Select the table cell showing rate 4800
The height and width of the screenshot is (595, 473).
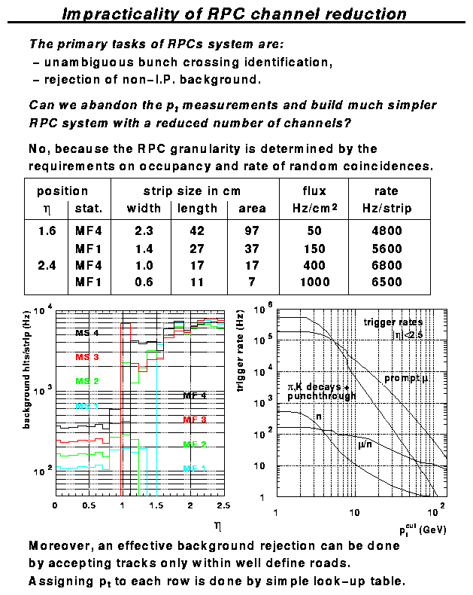(386, 230)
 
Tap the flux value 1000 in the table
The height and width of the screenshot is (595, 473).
(314, 282)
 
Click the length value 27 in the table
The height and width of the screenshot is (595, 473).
(197, 249)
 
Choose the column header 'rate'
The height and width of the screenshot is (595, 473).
(386, 191)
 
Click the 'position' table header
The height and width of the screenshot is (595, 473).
(62, 191)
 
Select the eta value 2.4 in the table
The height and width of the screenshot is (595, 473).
(47, 265)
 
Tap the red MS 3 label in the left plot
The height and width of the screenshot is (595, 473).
(86, 356)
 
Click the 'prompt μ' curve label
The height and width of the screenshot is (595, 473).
(406, 377)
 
